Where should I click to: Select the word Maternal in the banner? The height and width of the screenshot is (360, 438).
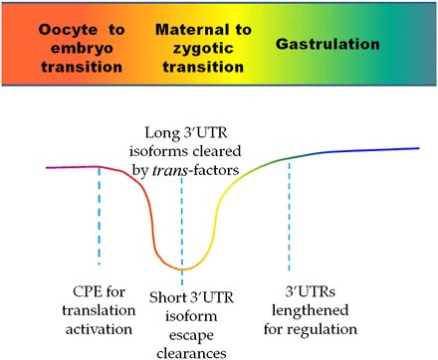click(x=187, y=28)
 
